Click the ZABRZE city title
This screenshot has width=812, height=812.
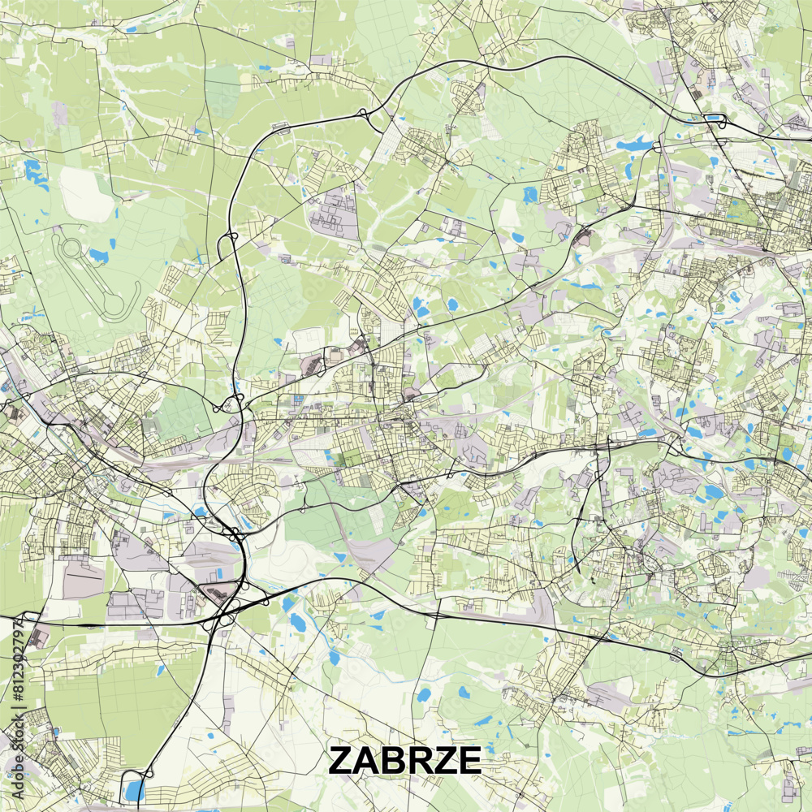[404, 761]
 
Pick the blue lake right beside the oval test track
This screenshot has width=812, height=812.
[97, 256]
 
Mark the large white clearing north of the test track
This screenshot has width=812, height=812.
[85, 195]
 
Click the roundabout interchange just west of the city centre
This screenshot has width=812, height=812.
[231, 404]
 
